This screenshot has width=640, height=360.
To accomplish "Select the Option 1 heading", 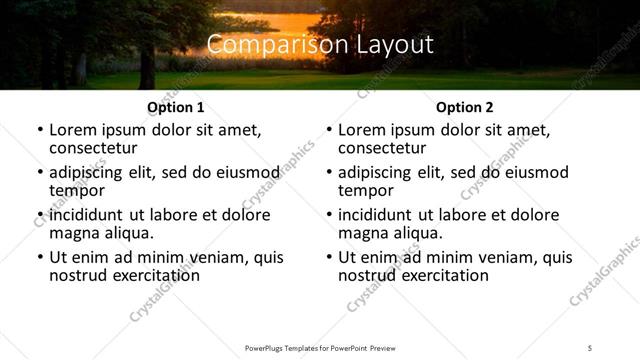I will coord(176,107).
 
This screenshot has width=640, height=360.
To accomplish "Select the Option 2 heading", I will coord(465,107).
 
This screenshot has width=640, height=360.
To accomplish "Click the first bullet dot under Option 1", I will coord(40,131).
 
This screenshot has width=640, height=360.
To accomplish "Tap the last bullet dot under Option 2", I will coord(329,258).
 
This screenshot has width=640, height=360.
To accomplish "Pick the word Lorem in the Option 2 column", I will coord(361,130).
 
